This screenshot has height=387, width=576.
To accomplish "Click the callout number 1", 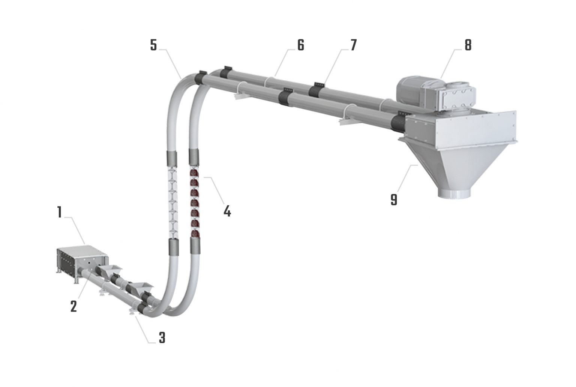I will click(x=59, y=212).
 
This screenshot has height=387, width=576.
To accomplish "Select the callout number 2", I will click(x=73, y=306).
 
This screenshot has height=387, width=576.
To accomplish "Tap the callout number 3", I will click(x=162, y=338).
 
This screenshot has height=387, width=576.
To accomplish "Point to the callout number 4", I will click(x=227, y=211).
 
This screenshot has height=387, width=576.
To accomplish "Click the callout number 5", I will click(x=153, y=45).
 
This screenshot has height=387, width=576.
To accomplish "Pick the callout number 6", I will click(x=301, y=45).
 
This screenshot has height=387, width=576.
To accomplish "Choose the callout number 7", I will click(x=353, y=45).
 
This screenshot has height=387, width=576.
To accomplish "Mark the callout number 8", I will click(x=468, y=45).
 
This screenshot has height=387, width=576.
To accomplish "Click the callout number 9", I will click(x=393, y=199).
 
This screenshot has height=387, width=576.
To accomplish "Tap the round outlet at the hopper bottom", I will click(x=454, y=193).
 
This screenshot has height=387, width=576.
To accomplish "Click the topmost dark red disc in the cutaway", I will click(x=194, y=173).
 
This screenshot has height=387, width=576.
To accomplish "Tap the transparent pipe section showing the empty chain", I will click(x=172, y=203).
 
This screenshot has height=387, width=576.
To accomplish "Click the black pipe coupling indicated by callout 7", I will click(x=316, y=90).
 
